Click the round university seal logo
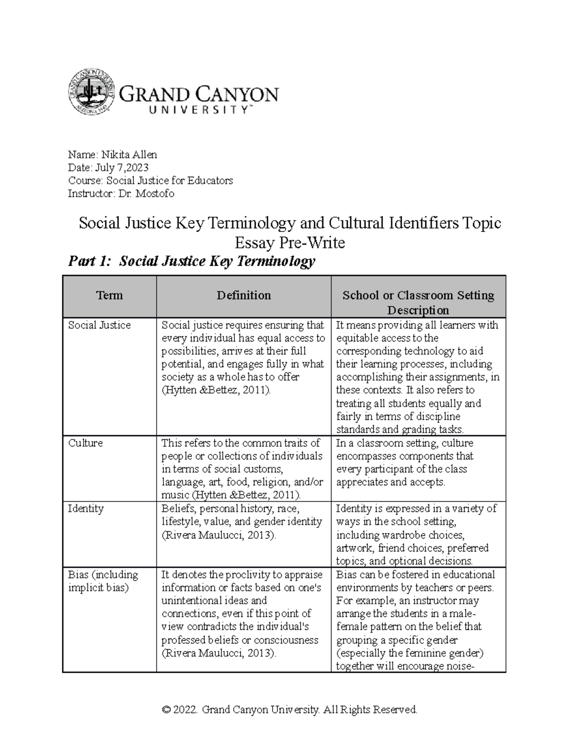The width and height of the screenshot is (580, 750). pos(91,92)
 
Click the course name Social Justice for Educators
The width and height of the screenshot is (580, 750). pos(169,181)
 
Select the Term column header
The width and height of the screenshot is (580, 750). pos(109,296)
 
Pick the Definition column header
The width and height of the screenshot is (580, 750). pos(244,296)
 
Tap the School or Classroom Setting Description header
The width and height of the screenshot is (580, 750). pos(418,302)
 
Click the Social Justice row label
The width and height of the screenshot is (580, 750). pos(100,325)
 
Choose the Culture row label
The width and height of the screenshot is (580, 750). pos(86,443)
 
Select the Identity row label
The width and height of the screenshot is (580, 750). pos(86,509)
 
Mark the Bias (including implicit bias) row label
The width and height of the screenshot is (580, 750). pos(103,581)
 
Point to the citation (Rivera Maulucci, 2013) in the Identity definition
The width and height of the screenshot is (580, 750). pos(219,535)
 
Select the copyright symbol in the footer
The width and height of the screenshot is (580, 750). pos(167,709)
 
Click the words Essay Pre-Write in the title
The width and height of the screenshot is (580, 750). pos(290,242)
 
